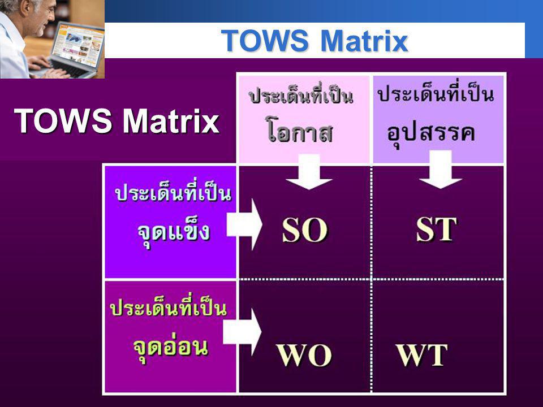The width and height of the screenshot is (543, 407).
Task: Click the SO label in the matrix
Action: pos(304,230)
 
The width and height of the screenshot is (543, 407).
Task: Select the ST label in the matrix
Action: pos(436,229)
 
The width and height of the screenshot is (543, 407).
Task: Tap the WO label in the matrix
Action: pos(304,355)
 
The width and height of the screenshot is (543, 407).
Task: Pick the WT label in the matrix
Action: pos(422,355)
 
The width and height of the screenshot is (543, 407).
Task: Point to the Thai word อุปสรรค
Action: pos(431,133)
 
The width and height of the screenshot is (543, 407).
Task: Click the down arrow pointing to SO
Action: pos(309,172)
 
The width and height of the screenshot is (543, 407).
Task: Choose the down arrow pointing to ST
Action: pos(440,170)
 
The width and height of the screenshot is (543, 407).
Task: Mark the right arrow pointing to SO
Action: pos(244,224)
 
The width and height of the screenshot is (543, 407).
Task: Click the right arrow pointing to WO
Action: pos(242,332)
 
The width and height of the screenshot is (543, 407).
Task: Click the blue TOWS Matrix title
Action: pos(314,41)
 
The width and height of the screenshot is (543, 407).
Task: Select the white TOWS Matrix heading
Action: pos(117,121)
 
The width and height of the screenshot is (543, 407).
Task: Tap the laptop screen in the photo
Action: pos(77,45)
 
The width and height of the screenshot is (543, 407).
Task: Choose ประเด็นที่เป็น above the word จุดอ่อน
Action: pos(169,307)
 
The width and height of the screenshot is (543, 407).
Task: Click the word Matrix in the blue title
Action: pos(365,41)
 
